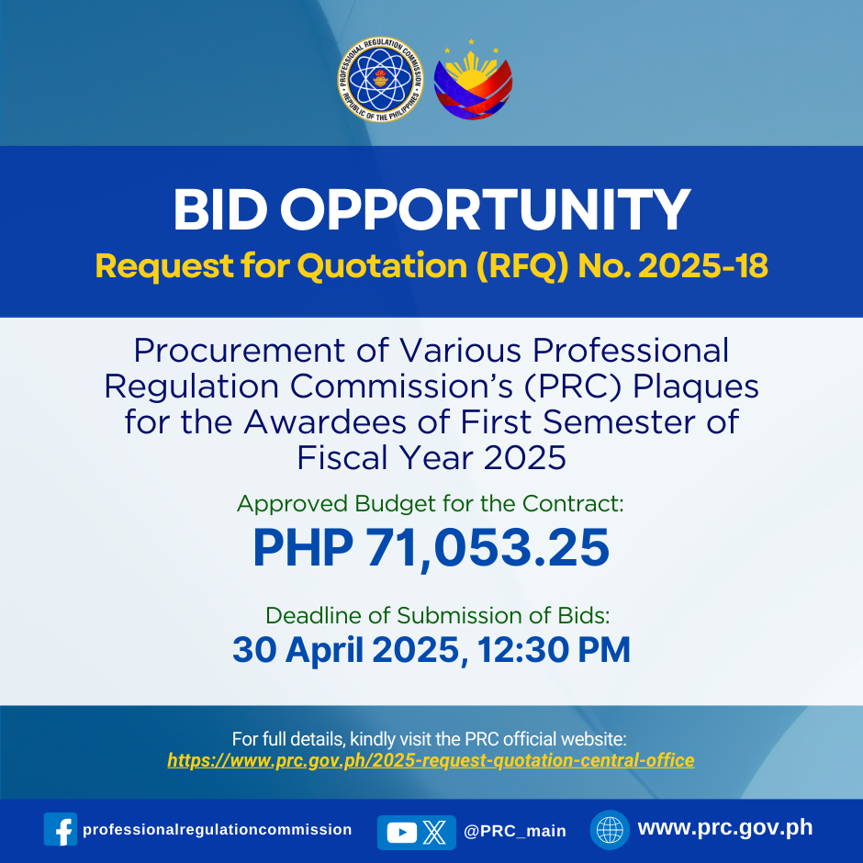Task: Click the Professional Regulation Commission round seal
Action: pyautogui.click(x=380, y=79)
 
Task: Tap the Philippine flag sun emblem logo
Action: pyautogui.click(x=473, y=81)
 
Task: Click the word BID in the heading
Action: pyautogui.click(x=220, y=209)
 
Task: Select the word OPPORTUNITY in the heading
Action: pyautogui.click(x=485, y=209)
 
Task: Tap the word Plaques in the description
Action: pyautogui.click(x=696, y=387)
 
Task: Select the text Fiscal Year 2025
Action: pyautogui.click(x=431, y=458)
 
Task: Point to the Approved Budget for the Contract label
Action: pyautogui.click(x=431, y=504)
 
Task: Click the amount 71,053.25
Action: pyautogui.click(x=488, y=547)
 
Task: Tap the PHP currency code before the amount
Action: pyautogui.click(x=303, y=547)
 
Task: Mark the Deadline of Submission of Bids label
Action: pyautogui.click(x=438, y=615)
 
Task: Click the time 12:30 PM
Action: pyautogui.click(x=554, y=650)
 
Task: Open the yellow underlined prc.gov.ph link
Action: pyautogui.click(x=431, y=760)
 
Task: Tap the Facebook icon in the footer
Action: pyautogui.click(x=61, y=829)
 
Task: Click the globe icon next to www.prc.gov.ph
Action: pyautogui.click(x=610, y=829)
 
